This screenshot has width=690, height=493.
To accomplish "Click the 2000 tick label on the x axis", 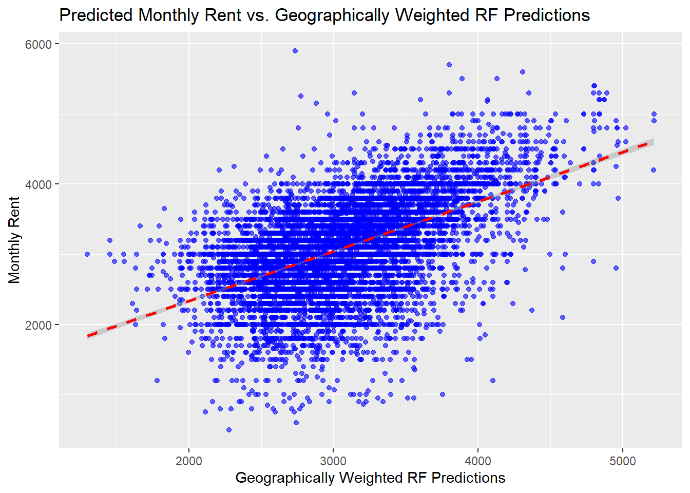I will tap(189, 461).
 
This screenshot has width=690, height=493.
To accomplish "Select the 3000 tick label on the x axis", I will tap(333, 461).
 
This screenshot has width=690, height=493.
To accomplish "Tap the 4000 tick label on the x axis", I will tap(478, 461).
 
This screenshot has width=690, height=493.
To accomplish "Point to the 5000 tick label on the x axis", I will tap(622, 461).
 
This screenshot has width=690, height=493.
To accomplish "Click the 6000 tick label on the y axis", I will tap(39, 44).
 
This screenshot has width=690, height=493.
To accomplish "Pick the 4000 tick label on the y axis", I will tap(39, 184).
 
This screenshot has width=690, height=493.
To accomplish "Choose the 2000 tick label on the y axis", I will tap(39, 325).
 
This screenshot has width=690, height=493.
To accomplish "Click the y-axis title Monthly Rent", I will tap(14, 240).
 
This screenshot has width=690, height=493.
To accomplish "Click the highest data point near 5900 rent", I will tap(295, 51).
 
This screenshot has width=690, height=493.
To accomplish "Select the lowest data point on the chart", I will tap(229, 430).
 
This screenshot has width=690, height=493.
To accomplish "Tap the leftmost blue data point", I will tap(87, 254).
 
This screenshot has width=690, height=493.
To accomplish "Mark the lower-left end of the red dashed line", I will tap(88, 336).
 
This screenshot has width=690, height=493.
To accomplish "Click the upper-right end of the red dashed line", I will tap(653, 143).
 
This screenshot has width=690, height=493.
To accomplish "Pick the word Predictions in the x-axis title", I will tap(468, 478).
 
